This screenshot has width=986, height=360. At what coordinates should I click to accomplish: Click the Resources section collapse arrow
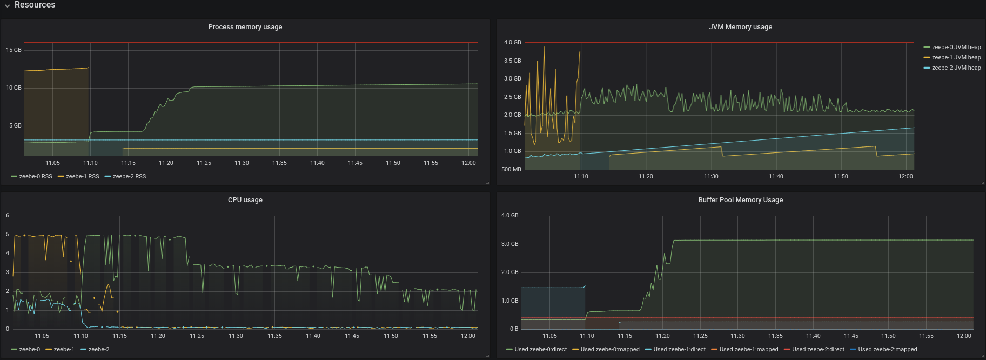[x=7, y=5]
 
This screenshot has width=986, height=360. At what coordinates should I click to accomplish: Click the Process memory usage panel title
[x=245, y=27]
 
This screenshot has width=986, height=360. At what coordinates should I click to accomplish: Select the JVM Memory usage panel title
[x=740, y=27]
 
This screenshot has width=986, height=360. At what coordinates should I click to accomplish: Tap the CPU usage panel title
[x=245, y=200]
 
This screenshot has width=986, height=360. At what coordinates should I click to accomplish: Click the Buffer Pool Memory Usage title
[x=740, y=200]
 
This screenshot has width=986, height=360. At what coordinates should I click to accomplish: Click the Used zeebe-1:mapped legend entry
[x=748, y=350]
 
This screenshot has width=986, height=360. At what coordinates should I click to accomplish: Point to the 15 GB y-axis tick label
[x=14, y=50]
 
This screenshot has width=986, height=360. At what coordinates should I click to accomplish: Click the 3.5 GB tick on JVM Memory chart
[x=512, y=61]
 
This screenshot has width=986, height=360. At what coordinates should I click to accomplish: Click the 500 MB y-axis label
[x=511, y=170]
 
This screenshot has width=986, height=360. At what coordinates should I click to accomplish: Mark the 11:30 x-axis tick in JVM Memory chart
[x=711, y=177]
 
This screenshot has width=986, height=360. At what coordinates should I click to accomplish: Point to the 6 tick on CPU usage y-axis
[x=8, y=216]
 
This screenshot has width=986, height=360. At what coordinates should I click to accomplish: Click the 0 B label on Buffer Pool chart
[x=514, y=329]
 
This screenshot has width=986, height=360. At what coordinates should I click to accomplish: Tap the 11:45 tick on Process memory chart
[x=355, y=163]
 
